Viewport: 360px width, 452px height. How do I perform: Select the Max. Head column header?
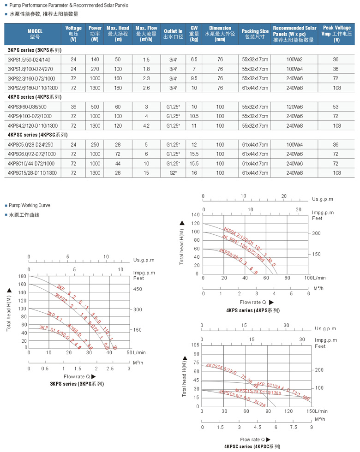point(118,34)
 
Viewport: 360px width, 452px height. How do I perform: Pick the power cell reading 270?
point(95,69)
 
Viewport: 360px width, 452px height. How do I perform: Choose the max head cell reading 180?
point(118,88)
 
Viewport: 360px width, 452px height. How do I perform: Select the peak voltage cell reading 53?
point(336,107)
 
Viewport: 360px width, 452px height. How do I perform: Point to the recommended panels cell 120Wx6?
point(294,107)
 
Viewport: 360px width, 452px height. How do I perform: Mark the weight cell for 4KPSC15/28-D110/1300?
point(194,173)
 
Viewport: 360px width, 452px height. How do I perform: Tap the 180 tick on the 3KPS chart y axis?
point(22,276)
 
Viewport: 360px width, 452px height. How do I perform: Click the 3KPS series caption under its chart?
point(77,384)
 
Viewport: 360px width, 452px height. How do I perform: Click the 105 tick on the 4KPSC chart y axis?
point(194,345)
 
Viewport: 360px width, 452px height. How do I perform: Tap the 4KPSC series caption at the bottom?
point(252,446)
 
